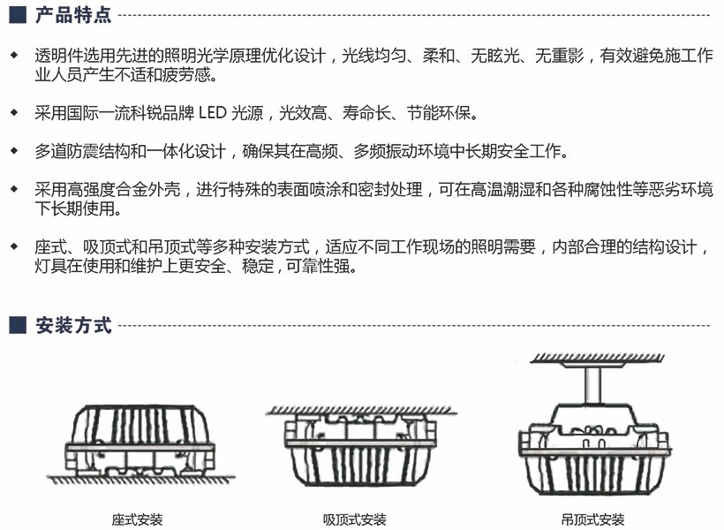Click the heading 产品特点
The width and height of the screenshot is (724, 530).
(x=73, y=15)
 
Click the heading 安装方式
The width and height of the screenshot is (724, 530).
(x=73, y=325)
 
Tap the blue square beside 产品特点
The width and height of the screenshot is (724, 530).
(x=18, y=15)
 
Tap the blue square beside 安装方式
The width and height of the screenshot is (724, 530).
(x=18, y=325)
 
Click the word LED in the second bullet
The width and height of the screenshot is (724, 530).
(x=213, y=113)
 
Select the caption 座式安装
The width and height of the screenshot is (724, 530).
(x=137, y=519)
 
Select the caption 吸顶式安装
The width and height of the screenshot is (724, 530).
(x=355, y=519)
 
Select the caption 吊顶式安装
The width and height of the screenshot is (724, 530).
(x=592, y=519)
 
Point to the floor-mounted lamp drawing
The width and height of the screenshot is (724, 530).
(x=140, y=443)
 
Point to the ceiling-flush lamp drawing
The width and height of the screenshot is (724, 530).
(x=361, y=446)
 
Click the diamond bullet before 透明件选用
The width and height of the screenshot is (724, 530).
(x=14, y=55)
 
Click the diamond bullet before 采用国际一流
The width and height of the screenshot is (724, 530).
(x=14, y=112)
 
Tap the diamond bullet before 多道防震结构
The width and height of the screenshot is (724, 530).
(x=14, y=151)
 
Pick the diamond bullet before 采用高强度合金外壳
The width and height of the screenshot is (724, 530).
(x=14, y=189)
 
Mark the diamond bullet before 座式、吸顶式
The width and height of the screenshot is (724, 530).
(x=14, y=246)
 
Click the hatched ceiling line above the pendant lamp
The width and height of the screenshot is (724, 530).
(x=598, y=358)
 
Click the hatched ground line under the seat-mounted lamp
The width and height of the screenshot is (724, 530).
(x=140, y=480)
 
